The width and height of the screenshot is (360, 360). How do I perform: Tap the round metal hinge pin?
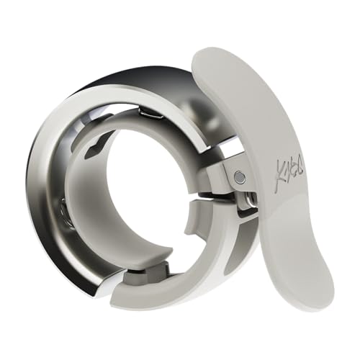coord(239,177)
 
